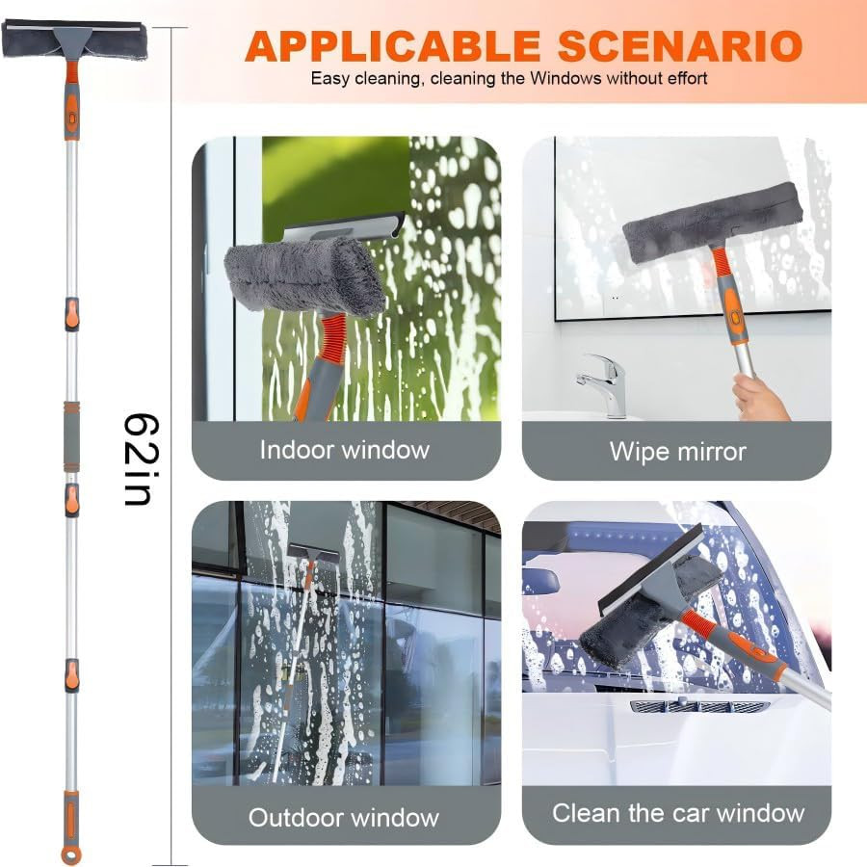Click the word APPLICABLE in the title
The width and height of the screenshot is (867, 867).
(x=392, y=45)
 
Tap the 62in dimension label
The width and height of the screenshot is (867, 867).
(x=142, y=460)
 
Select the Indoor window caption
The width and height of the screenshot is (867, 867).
(x=345, y=449)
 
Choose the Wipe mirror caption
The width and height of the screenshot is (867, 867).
(x=677, y=451)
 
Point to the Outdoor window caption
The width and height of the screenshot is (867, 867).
(x=344, y=818)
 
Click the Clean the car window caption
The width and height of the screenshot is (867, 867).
(x=677, y=812)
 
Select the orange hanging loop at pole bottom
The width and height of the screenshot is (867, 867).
(x=70, y=854)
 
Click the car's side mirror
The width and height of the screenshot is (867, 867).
(x=542, y=581)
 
